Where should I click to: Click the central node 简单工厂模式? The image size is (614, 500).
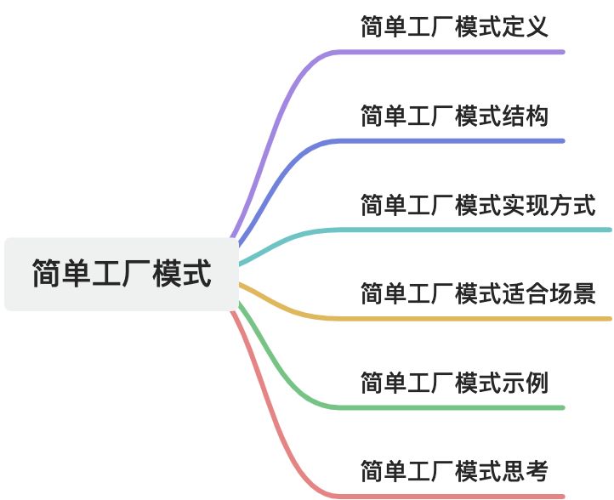click(122, 275)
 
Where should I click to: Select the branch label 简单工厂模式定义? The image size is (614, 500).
click(454, 26)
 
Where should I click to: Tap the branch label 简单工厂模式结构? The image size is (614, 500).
click(454, 116)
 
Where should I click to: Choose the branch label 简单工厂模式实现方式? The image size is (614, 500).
click(478, 205)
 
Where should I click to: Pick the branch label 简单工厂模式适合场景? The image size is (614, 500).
click(478, 294)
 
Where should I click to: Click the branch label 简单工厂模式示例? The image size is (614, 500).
click(454, 383)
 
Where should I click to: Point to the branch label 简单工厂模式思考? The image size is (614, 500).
click(454, 470)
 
